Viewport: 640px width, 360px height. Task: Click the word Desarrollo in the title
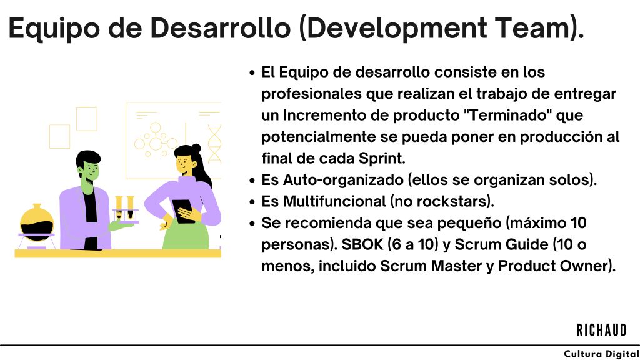pyautogui.click(x=220, y=28)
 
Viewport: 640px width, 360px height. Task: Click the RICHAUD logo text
pyautogui.click(x=602, y=330)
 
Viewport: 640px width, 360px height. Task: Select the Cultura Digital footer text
pyautogui.click(x=602, y=354)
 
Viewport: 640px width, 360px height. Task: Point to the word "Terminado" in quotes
pyautogui.click(x=507, y=115)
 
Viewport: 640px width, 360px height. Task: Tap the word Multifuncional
pyautogui.click(x=334, y=202)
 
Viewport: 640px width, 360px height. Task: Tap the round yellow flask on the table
pyautogui.click(x=37, y=224)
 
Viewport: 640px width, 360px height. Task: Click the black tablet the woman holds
pyautogui.click(x=183, y=211)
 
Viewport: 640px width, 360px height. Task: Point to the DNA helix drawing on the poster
pyautogui.click(x=214, y=144)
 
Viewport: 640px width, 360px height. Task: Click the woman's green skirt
pyautogui.click(x=186, y=235)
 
